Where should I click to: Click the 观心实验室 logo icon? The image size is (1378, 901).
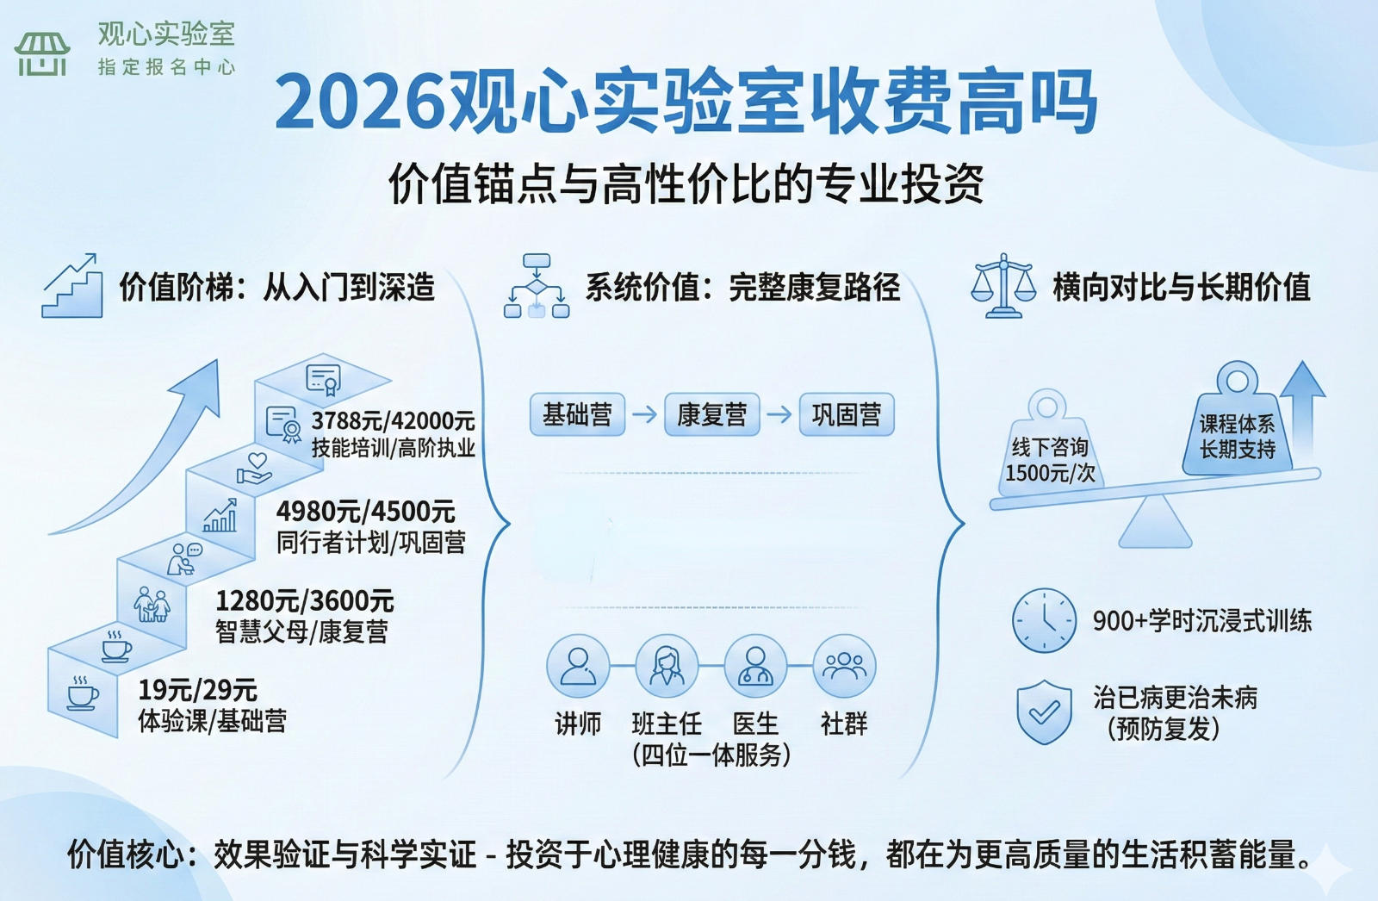pos(41,53)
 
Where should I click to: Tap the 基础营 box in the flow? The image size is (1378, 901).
pos(577,415)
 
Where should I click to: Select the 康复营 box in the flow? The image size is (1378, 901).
pos(711,415)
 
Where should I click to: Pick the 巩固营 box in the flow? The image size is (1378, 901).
pos(847,415)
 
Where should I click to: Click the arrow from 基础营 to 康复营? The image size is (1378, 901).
pos(644,415)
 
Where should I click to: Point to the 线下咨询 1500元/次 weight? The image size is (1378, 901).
pos(1049,452)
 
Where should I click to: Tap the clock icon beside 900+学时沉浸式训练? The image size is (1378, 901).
pos(1044,620)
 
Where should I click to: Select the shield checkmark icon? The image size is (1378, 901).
pos(1044,711)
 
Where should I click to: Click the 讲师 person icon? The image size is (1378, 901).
pos(578,667)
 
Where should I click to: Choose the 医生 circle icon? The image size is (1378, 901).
pos(755,667)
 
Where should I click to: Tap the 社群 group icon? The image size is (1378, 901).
pos(844,667)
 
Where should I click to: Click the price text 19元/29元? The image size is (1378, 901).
pos(198,690)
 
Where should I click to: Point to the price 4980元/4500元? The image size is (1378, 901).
pos(366,512)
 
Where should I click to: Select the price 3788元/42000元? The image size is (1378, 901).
pos(394,421)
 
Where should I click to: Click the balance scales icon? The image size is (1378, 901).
pos(1003,286)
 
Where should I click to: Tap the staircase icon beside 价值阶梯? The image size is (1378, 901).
pos(72,286)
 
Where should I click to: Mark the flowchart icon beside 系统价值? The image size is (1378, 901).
pos(537,286)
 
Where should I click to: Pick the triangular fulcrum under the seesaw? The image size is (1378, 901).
pos(1155,524)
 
